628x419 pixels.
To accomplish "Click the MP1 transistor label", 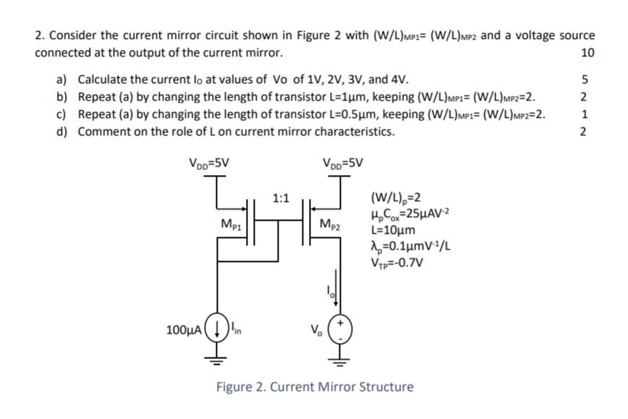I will click(x=231, y=222).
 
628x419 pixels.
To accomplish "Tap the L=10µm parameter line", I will click(x=392, y=230).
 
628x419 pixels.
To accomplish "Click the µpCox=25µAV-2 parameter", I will click(x=410, y=214).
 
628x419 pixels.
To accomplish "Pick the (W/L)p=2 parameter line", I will click(x=395, y=198).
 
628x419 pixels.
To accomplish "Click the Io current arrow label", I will click(x=326, y=291).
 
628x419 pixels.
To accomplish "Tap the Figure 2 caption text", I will click(x=315, y=386).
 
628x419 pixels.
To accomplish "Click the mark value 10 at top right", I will click(x=587, y=53).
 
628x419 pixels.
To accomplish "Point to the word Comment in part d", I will click(x=103, y=132).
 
